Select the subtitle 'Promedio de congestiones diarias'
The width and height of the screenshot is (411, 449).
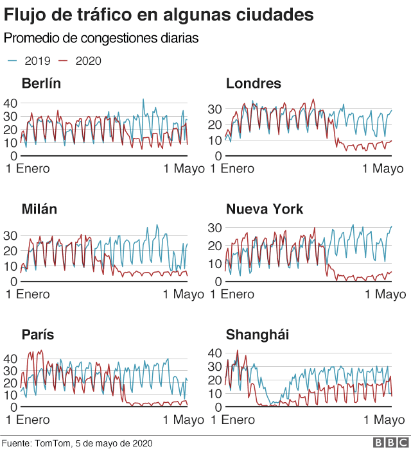[101, 38]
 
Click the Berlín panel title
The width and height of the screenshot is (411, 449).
[41, 84]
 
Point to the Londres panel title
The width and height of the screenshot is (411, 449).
[253, 84]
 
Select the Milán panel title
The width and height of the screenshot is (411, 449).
[39, 210]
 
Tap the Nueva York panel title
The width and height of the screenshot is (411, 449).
[264, 210]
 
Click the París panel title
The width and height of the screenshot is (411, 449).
[37, 335]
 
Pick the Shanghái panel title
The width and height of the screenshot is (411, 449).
[258, 335]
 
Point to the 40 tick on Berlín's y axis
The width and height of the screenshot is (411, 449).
[10, 103]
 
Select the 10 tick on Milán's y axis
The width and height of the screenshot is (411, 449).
[10, 266]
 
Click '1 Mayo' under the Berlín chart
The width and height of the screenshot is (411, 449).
[183, 169]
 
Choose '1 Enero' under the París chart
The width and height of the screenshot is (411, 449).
[28, 420]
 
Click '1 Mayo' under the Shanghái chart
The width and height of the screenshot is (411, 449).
[384, 420]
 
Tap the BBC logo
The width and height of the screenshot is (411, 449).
[387, 443]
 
